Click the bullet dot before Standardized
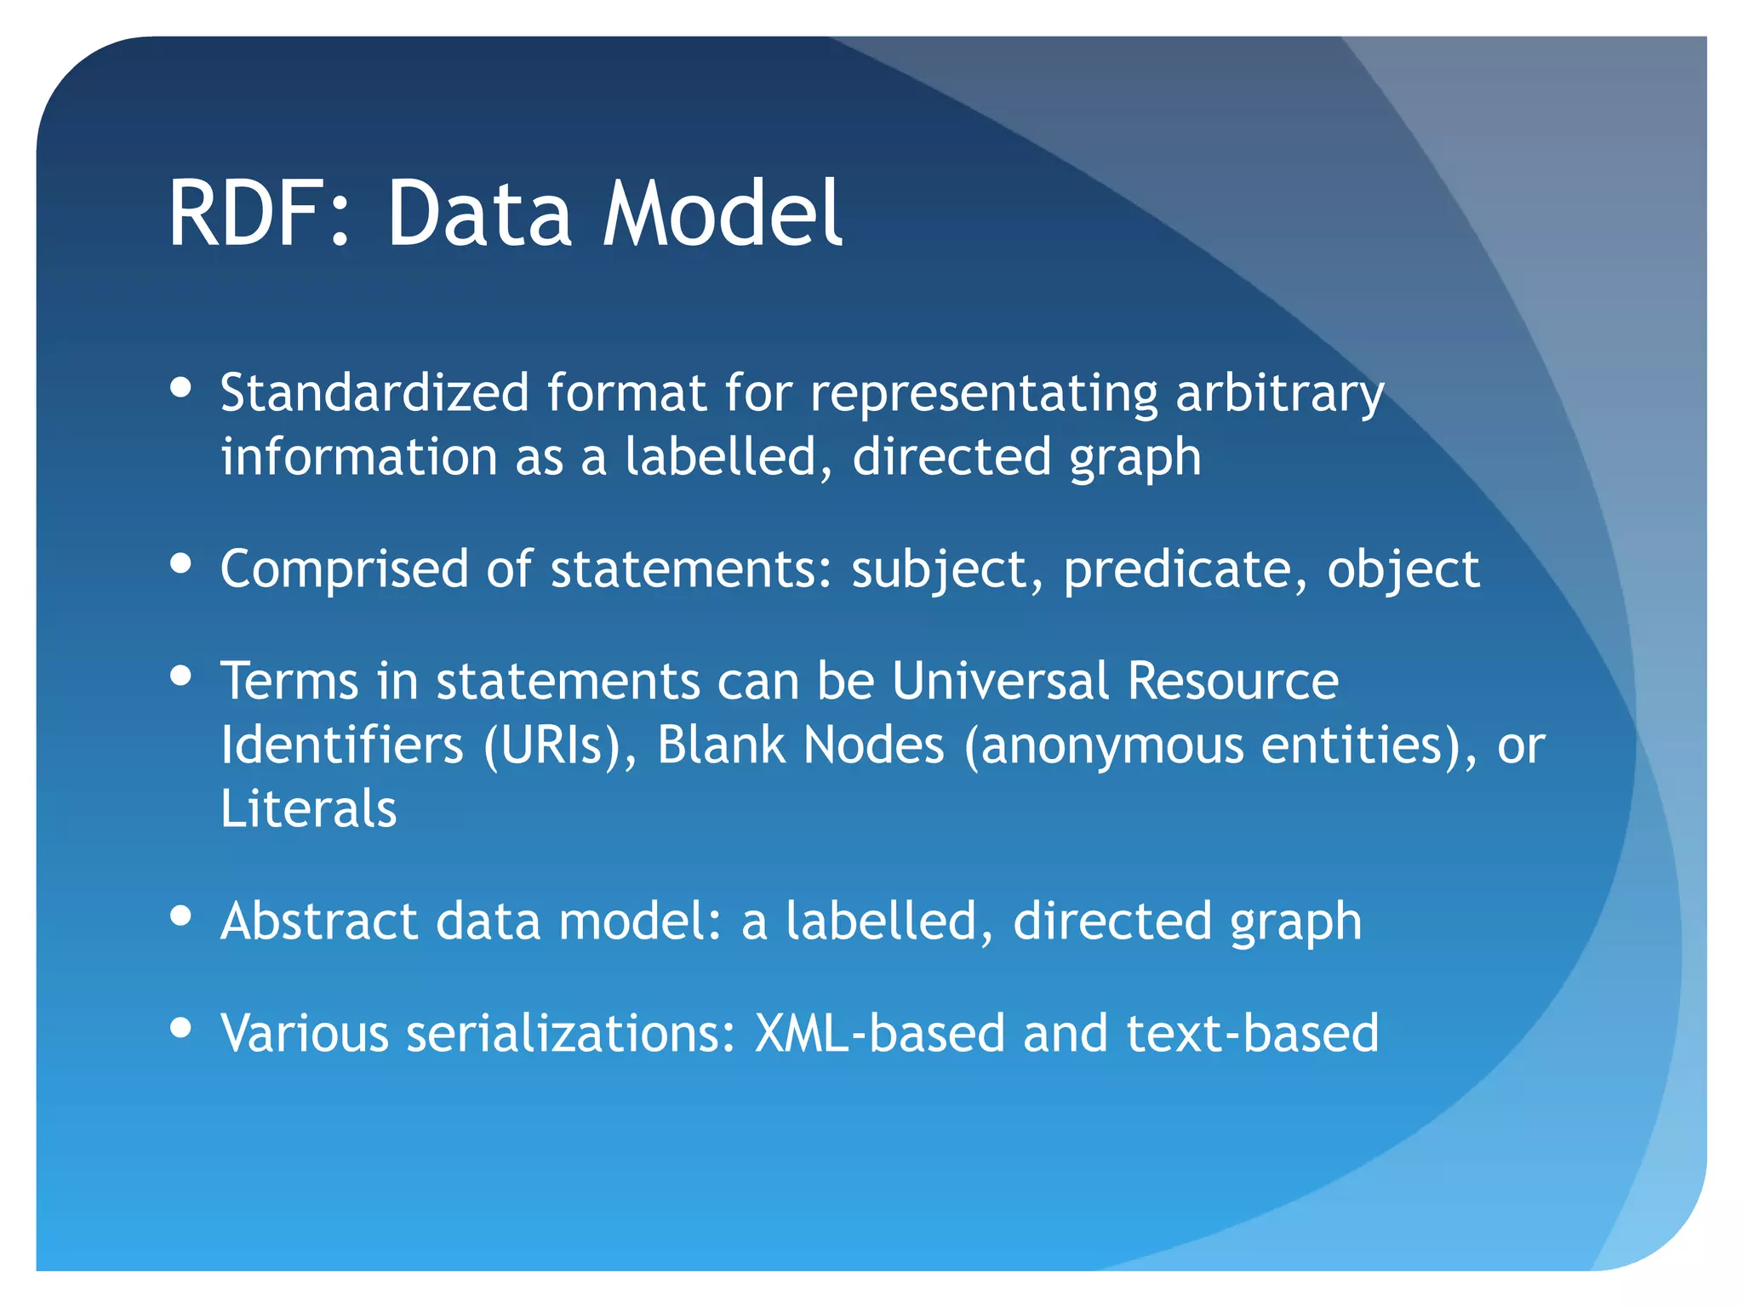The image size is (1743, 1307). point(180,388)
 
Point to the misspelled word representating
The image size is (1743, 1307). point(984,395)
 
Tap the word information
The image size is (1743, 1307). point(358,457)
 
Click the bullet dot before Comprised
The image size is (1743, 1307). point(180,563)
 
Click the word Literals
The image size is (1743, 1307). point(308,808)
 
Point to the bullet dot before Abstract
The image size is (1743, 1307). point(180,916)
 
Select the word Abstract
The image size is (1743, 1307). point(319,922)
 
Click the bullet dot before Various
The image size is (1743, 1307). point(180,1027)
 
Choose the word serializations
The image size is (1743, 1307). point(569,1033)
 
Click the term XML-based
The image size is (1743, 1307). point(880,1033)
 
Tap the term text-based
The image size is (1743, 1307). point(1252,1033)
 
